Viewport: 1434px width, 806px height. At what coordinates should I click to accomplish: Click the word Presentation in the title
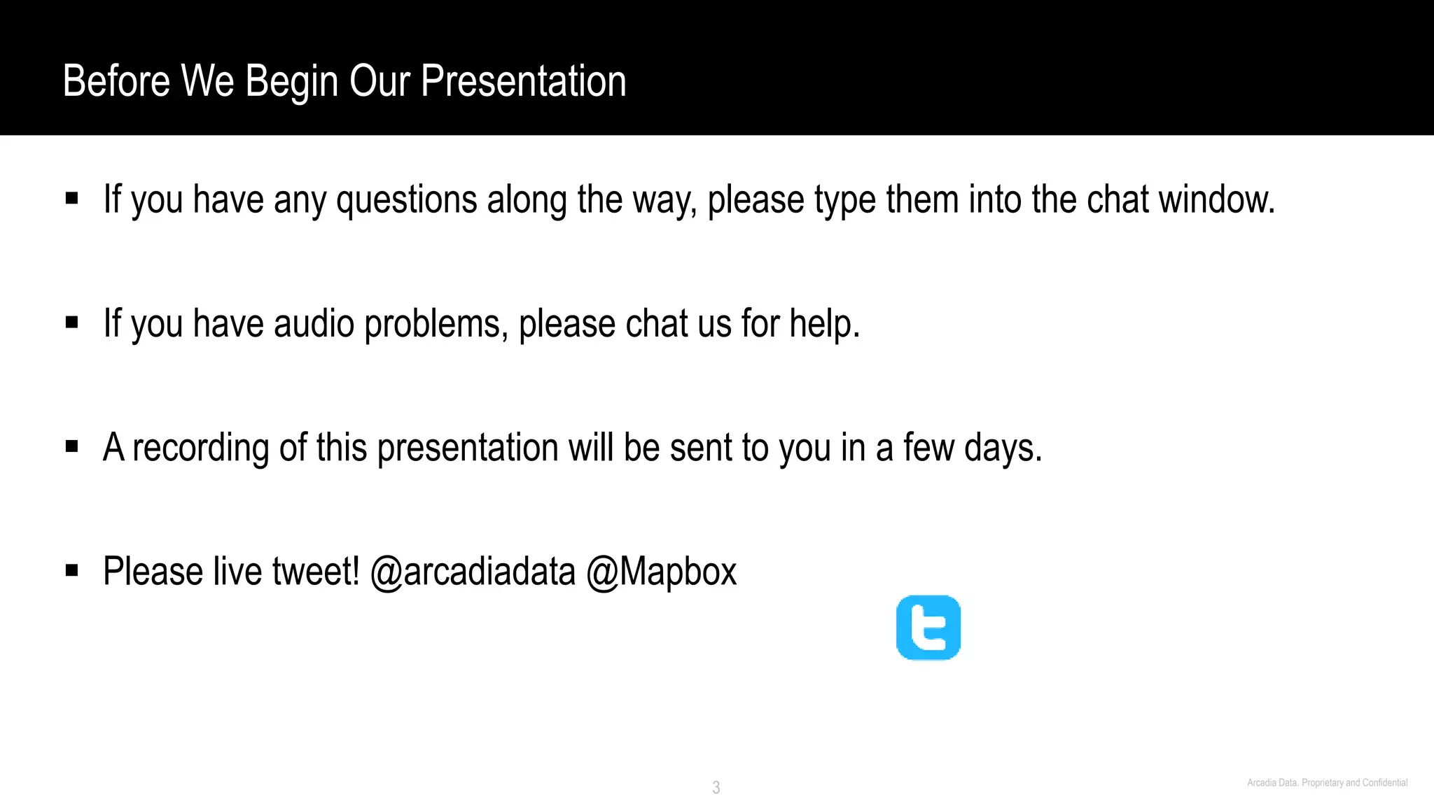523,81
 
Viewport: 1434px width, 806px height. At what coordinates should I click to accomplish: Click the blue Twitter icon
928,628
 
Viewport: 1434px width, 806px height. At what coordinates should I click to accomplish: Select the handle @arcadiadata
473,572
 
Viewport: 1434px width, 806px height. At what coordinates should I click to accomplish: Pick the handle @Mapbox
661,572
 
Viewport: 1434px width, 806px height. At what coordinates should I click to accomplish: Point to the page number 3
716,787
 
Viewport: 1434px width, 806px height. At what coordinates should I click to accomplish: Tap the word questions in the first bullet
407,200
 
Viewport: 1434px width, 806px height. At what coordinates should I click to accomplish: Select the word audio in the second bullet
314,324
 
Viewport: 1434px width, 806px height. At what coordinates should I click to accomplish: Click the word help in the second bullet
824,324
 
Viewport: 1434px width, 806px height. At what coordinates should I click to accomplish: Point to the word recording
201,448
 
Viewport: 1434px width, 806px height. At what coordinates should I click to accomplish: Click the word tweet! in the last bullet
316,572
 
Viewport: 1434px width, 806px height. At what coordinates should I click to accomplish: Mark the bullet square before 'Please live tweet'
71,570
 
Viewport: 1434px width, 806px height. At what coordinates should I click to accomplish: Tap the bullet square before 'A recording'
71,446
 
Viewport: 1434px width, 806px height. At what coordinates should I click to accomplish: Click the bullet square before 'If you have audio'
71,323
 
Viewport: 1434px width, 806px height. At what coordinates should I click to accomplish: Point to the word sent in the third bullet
693,448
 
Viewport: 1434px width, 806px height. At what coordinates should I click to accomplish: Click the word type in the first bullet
844,200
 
